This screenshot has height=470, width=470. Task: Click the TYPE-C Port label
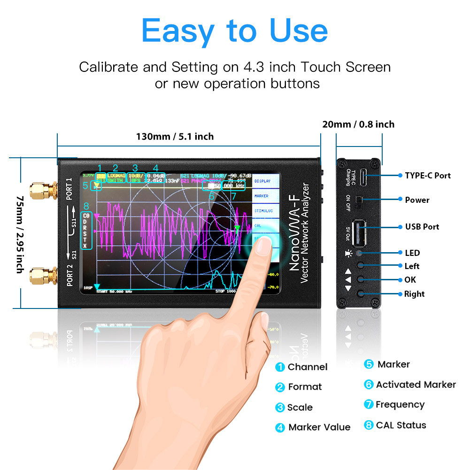(427, 176)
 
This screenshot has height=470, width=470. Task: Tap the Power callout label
(417, 200)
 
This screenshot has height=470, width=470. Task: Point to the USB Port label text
(422, 227)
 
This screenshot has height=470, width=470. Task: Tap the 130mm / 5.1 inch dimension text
(175, 137)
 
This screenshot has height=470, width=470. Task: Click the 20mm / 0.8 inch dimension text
(358, 124)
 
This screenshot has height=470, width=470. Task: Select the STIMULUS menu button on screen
(263, 211)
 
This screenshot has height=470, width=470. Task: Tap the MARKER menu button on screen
(262, 196)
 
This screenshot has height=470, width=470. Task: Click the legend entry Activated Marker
(416, 385)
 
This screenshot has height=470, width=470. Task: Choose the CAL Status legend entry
(401, 425)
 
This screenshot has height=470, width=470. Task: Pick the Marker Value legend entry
(319, 427)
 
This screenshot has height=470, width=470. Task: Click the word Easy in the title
(180, 31)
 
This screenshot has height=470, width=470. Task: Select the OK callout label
(410, 280)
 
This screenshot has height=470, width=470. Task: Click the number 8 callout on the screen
(86, 206)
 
